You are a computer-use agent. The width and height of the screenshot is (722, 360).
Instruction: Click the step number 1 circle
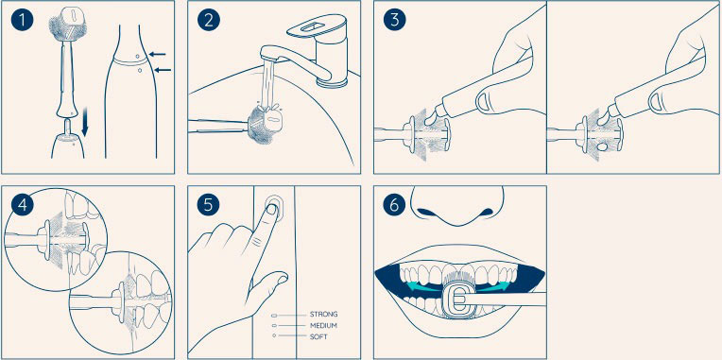tap(22, 21)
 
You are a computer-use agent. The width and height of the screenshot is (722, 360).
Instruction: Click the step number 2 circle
tap(209, 21)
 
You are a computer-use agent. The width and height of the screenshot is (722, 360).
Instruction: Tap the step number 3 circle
tap(394, 21)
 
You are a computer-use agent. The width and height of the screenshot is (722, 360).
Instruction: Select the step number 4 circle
tap(22, 205)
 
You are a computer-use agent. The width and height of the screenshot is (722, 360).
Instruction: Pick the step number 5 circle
tap(209, 205)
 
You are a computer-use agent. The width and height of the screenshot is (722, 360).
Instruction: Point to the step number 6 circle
tap(394, 205)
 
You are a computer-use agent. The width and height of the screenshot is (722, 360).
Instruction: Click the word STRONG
tap(324, 315)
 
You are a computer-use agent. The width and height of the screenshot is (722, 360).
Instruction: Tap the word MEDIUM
tap(324, 325)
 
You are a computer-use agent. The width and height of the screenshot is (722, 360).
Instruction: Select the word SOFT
tap(318, 336)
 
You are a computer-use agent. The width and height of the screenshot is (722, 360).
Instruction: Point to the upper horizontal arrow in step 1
tap(158, 54)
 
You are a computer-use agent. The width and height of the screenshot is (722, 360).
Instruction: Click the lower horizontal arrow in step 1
tap(163, 70)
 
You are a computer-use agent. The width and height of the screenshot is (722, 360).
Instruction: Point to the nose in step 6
tap(456, 205)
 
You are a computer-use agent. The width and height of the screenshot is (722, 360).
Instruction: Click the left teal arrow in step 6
tap(422, 286)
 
